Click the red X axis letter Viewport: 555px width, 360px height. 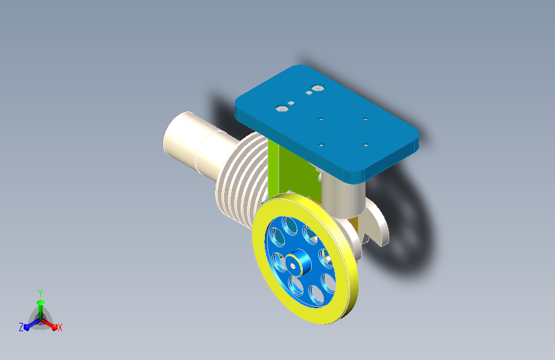[x=60, y=328]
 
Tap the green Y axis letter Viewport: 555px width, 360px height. [x=40, y=293]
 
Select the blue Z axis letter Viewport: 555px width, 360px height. [x=21, y=327]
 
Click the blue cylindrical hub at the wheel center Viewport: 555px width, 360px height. [x=300, y=262]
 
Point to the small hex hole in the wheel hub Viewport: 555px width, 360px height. [x=293, y=266]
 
